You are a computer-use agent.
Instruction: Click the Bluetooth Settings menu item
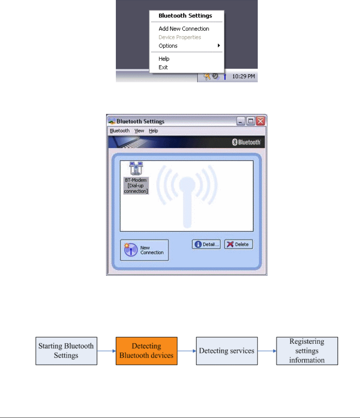coord(185,16)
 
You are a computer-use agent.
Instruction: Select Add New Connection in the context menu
coord(184,29)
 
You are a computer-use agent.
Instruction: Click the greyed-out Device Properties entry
coord(180,37)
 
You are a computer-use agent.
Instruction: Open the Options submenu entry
coord(168,46)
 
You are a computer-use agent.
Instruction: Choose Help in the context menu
coord(164,59)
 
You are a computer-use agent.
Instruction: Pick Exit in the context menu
coord(163,68)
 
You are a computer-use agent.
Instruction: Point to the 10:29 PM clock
coord(243,77)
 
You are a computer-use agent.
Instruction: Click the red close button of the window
coord(260,121)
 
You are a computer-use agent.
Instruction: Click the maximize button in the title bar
coord(251,121)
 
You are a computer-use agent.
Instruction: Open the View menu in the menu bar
coord(139,131)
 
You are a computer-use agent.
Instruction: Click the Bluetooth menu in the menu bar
coord(120,131)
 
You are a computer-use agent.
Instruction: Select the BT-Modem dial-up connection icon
coord(136,178)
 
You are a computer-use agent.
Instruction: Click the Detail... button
coord(206,244)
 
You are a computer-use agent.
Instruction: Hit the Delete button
coord(238,244)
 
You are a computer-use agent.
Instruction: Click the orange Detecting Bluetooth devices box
coord(146,351)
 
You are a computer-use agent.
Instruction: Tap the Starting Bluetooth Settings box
coord(66,351)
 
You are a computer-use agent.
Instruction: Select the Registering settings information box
coord(307,351)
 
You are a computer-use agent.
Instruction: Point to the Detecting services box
coord(227,351)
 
